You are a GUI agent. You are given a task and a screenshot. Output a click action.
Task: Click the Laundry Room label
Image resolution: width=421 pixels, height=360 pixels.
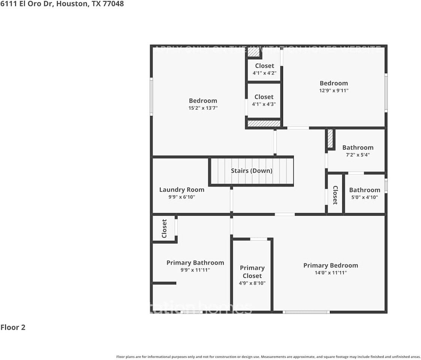click(182, 190)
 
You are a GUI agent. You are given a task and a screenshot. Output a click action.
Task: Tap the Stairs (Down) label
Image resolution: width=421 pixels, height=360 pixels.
click(252, 171)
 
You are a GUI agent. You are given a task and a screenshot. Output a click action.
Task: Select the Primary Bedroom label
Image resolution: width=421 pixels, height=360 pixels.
click(331, 265)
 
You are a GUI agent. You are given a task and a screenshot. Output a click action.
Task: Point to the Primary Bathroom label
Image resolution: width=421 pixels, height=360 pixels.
click(195, 263)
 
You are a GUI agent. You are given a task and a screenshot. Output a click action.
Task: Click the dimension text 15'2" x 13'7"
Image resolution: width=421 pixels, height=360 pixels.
click(203, 108)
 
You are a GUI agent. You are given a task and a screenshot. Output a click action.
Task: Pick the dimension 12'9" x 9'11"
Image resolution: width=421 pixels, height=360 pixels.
click(334, 90)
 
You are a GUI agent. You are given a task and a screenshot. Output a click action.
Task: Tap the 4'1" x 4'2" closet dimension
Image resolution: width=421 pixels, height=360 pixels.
click(264, 73)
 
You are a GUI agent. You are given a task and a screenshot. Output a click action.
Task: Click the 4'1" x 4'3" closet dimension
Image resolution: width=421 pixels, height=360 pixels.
click(264, 104)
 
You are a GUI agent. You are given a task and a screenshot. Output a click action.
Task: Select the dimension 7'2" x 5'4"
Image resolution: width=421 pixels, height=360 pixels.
click(358, 155)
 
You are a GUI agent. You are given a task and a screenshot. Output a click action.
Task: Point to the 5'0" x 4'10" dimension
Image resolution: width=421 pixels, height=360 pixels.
click(364, 197)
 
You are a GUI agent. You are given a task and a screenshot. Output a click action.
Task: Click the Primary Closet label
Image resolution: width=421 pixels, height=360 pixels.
click(252, 272)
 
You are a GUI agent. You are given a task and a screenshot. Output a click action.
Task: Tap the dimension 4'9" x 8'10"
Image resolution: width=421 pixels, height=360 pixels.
click(252, 283)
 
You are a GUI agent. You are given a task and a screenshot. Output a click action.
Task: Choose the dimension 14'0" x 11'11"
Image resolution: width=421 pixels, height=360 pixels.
click(331, 273)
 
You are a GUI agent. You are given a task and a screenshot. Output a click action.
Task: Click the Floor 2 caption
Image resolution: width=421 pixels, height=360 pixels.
click(13, 327)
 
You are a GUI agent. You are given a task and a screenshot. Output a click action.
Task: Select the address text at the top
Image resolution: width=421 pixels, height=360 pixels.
click(62, 4)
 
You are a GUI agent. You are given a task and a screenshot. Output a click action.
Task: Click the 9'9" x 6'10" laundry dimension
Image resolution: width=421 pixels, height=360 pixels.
click(182, 197)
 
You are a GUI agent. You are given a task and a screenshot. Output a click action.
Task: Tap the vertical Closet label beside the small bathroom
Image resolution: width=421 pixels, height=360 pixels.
click(335, 195)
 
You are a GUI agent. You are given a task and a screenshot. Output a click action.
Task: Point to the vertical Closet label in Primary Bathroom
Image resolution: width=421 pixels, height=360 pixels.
click(164, 228)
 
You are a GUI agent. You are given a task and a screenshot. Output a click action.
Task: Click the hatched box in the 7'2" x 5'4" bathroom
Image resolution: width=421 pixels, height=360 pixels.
click(330, 139)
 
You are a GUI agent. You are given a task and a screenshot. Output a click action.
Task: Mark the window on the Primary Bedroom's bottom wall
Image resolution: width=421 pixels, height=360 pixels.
click(306, 312)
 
